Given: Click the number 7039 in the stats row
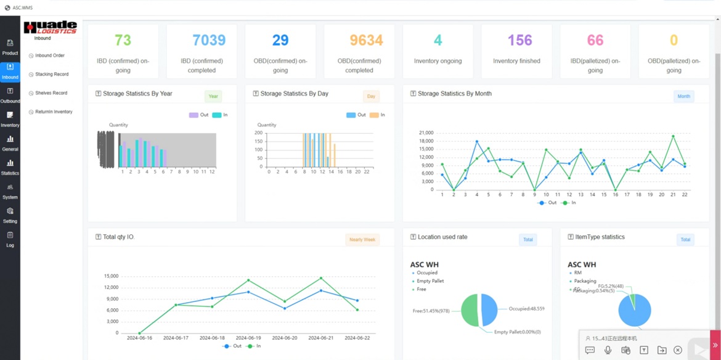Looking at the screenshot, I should coord(209,41).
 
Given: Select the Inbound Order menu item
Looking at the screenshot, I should coord(49,55).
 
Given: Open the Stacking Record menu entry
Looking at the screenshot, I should coord(51,74).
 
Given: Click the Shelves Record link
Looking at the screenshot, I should coord(51,93).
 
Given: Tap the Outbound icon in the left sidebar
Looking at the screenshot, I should coord(10,94).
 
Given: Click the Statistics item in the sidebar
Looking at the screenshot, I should coord(10,166).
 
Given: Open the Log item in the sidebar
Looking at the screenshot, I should coord(10,239).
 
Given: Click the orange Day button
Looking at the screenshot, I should coord(371,96).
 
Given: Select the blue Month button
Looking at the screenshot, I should coord(683,96).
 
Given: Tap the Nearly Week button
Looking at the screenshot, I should coord(362,240).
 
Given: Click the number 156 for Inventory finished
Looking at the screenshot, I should coord(519,41).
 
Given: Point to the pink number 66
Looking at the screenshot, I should coord(595,41).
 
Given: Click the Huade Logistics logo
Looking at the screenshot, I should coord(50,28).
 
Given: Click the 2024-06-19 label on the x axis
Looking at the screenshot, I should coord(248,338).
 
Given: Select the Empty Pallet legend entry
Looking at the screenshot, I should coord(430,281).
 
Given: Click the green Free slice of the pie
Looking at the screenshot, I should coord(470,310).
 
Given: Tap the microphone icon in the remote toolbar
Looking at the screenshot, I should coord(608,350).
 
